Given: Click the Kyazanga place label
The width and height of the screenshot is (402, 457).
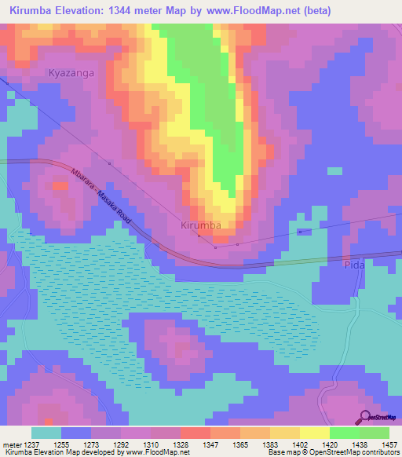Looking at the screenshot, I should [71, 72].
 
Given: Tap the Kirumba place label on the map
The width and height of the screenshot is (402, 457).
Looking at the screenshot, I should [201, 225].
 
